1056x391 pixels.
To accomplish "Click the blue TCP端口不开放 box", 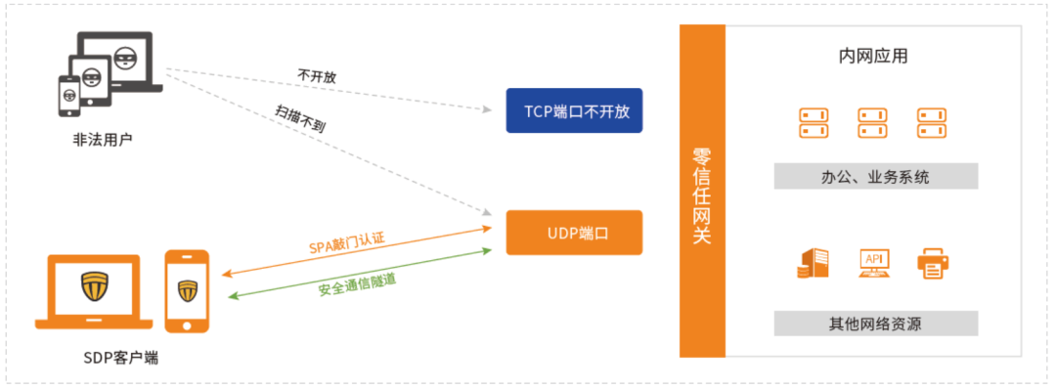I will pos(574,110).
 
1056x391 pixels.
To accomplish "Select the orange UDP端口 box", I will pos(574,233).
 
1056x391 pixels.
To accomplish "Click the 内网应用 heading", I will pos(873,56).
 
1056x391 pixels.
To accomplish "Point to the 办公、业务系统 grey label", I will pos(875,177).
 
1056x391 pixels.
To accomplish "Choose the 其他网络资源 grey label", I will pos(875,324).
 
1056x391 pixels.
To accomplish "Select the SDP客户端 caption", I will pos(120,358).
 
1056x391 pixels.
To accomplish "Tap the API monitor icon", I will pos(874,262).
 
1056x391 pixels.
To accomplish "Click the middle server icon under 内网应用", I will pos(873,122).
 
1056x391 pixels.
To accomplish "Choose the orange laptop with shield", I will pos(94,289).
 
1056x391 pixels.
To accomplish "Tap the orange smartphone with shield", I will pos(187,290).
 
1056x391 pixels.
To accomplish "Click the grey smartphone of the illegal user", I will pos(69,96).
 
